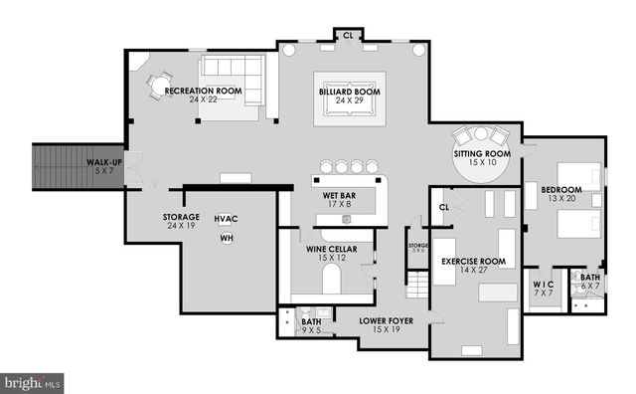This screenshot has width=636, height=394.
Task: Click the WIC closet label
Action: pos(543,283)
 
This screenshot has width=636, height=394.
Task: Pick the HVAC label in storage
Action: pos(226,219)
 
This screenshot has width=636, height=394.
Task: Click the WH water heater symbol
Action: pos(227,239)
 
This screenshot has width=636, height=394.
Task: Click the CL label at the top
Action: pos(348,36)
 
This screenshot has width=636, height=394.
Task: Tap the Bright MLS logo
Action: pos(32,380)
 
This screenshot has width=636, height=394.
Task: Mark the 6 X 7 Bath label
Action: pos(590,283)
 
